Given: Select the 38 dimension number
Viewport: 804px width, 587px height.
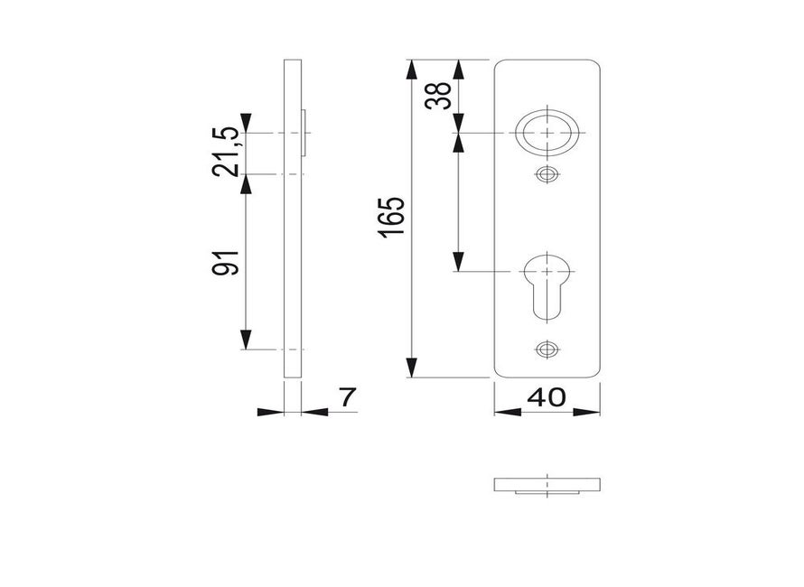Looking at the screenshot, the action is [x=438, y=96].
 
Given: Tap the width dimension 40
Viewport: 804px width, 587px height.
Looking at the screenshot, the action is [x=547, y=397].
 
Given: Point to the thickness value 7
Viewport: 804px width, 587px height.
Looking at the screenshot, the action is [x=347, y=397].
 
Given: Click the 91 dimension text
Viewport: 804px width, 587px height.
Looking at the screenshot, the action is [x=226, y=263].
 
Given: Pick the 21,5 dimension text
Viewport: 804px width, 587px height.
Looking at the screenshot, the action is [x=226, y=152].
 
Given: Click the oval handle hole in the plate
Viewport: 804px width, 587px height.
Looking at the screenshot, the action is [x=547, y=132].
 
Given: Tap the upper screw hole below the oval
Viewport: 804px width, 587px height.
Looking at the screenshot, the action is [x=547, y=175].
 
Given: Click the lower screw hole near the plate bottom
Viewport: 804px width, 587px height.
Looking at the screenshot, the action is [x=547, y=349].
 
